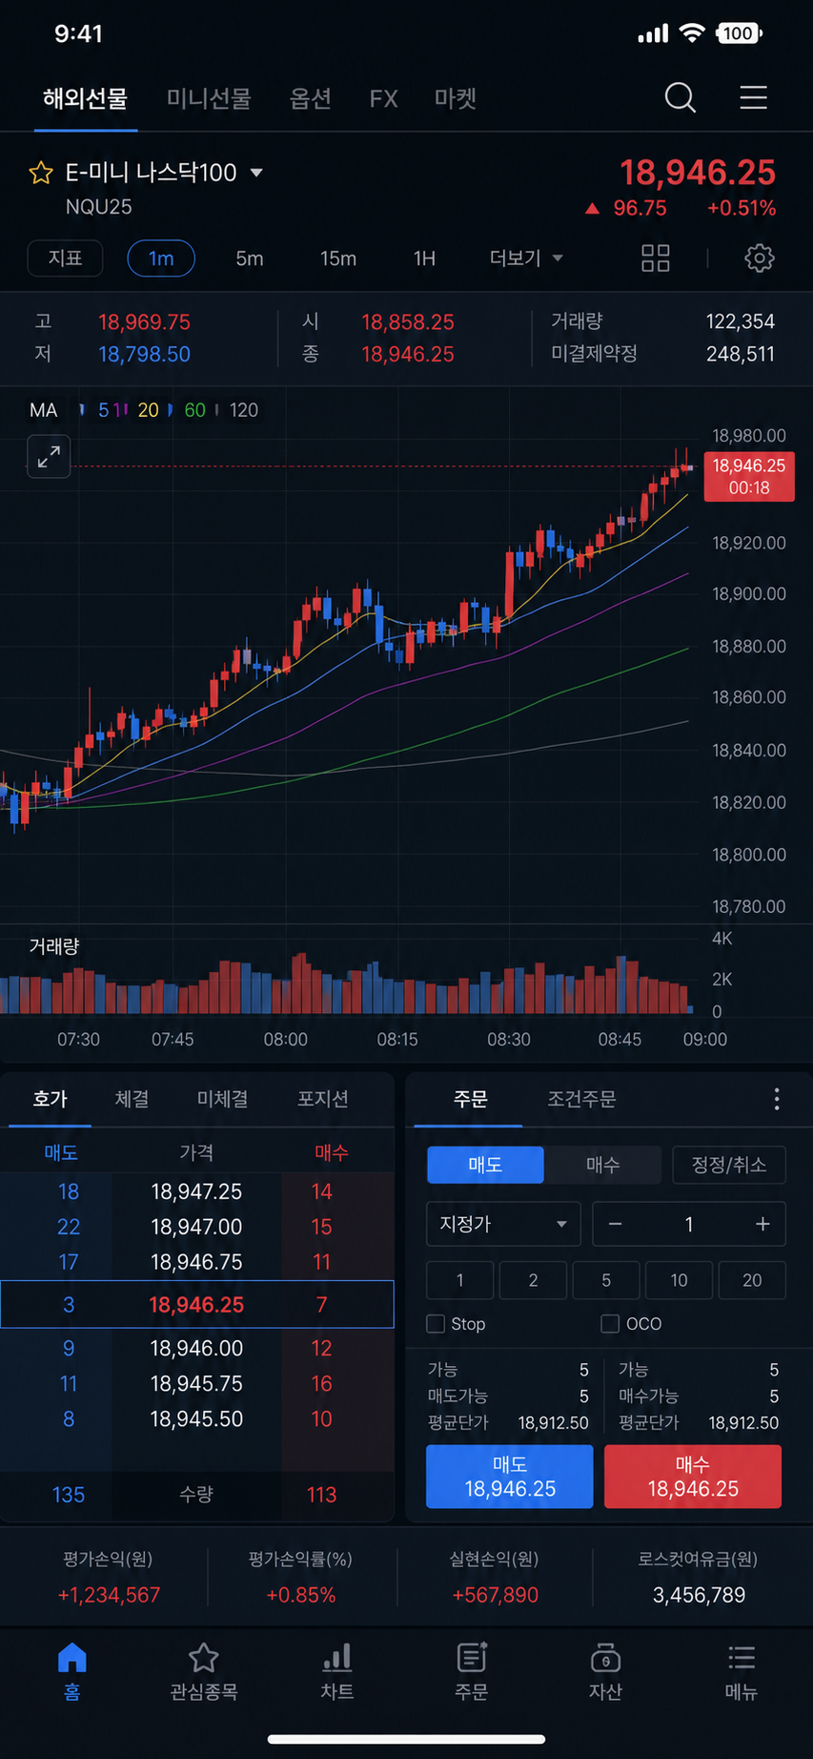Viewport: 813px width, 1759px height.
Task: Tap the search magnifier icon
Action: click(680, 97)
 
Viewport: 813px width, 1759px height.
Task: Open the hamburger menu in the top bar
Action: click(753, 97)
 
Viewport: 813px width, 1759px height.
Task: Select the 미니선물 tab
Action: click(209, 98)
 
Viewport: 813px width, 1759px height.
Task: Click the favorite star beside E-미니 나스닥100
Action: click(41, 173)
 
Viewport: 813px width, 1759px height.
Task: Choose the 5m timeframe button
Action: click(250, 259)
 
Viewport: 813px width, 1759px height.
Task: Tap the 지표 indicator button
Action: click(66, 259)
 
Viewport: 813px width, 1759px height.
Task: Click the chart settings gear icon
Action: click(759, 259)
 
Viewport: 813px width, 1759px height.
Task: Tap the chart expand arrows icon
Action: click(49, 457)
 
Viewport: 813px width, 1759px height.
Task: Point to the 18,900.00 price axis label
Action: click(749, 594)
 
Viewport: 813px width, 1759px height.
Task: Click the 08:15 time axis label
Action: click(396, 1039)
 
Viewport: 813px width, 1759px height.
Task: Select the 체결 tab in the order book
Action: click(132, 1099)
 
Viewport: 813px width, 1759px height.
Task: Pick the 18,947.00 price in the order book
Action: click(196, 1227)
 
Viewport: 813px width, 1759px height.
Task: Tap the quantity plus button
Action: click(762, 1224)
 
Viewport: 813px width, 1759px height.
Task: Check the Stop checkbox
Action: click(436, 1324)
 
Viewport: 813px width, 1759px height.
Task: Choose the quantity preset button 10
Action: click(679, 1280)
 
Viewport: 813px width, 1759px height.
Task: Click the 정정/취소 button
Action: click(728, 1165)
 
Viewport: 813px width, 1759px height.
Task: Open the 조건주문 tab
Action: click(581, 1099)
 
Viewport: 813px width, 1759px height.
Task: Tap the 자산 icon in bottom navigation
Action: click(605, 1659)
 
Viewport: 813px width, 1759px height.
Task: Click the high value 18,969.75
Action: click(144, 322)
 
